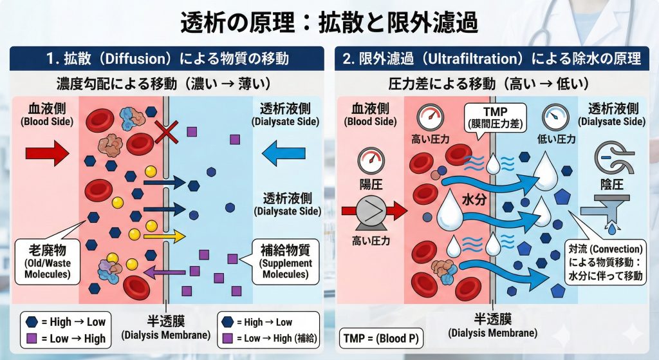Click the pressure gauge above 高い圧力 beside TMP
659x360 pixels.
(427, 117)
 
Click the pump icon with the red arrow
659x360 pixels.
(373, 210)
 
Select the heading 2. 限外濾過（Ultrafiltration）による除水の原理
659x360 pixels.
(492, 59)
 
